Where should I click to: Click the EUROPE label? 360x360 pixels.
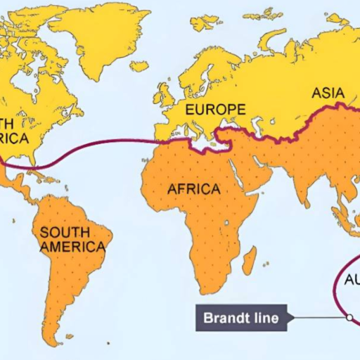pyautogui.click(x=215, y=110)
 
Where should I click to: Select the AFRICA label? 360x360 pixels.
pyautogui.click(x=193, y=189)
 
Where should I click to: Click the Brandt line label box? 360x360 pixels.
pyautogui.click(x=240, y=318)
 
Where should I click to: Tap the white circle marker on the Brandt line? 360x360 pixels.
pyautogui.click(x=349, y=318)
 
